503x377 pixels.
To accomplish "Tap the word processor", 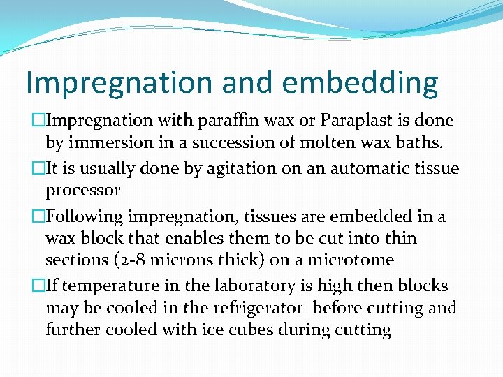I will coord(82,190).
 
